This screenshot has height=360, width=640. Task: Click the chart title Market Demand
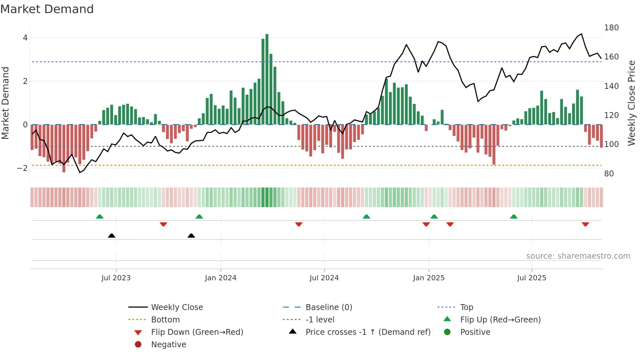point(47,9)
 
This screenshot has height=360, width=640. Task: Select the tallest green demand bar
point(267,78)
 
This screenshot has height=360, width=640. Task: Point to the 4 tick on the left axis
point(25,38)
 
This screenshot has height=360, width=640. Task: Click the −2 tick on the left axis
point(23,168)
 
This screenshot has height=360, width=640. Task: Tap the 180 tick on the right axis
point(611,28)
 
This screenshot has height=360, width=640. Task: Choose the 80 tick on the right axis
point(609,174)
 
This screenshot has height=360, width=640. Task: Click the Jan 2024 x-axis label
point(220,278)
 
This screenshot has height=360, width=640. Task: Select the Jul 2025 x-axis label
point(531,278)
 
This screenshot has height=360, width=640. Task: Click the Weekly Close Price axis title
point(632,103)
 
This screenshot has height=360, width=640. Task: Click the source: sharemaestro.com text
point(578,256)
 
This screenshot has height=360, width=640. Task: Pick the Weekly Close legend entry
point(177,307)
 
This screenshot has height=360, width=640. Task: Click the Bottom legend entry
point(165,320)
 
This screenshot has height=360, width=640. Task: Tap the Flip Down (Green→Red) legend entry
point(197,332)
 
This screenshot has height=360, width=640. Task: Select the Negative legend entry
point(168,345)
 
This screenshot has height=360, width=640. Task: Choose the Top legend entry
point(466,307)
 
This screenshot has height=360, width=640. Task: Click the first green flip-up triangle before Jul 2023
point(100,217)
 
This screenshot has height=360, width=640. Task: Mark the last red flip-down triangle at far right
point(585,224)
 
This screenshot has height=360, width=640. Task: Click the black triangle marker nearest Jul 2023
point(112,236)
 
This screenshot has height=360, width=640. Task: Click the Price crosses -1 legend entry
point(368,332)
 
